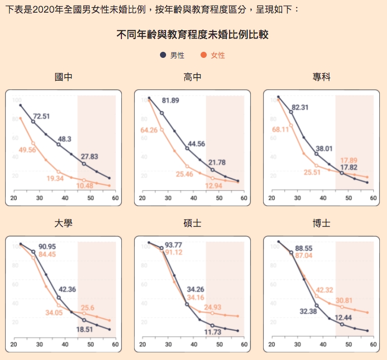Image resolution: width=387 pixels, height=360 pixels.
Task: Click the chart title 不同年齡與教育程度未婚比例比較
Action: click(193, 35)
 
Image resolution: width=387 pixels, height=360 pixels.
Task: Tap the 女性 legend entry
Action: click(213, 55)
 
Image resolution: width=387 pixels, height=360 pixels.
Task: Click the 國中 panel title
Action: click(63, 78)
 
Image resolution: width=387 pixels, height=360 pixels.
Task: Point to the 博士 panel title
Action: click(321, 223)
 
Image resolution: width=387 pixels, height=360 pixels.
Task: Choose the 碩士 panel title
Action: click(192, 223)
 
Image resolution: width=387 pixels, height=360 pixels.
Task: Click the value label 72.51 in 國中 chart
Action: click(42, 116)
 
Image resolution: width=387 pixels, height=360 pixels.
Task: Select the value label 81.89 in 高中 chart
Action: click(171, 101)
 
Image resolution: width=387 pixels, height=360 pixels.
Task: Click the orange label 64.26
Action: click(149, 130)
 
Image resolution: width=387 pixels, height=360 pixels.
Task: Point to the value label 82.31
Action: click(300, 107)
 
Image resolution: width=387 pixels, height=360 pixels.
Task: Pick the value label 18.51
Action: click(85, 330)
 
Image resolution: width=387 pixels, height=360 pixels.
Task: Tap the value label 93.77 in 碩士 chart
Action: click(174, 244)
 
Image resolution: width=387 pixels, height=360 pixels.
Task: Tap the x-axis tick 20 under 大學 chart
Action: click(14, 344)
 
